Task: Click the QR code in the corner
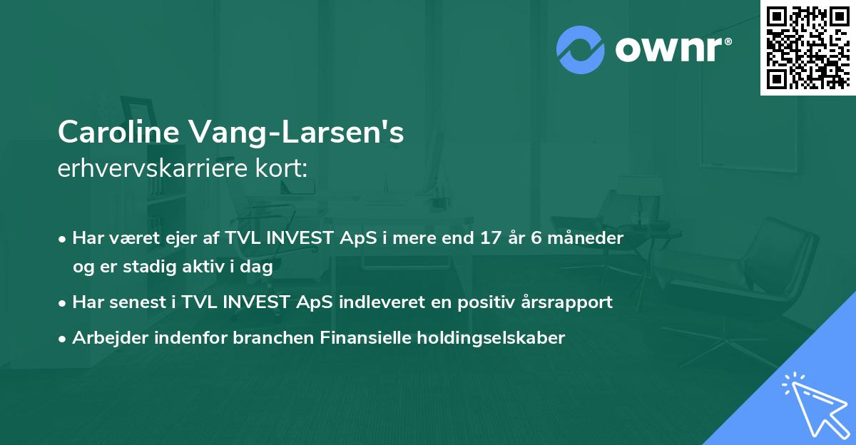pyautogui.click(x=807, y=47)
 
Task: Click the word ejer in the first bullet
pyautogui.click(x=168, y=238)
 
